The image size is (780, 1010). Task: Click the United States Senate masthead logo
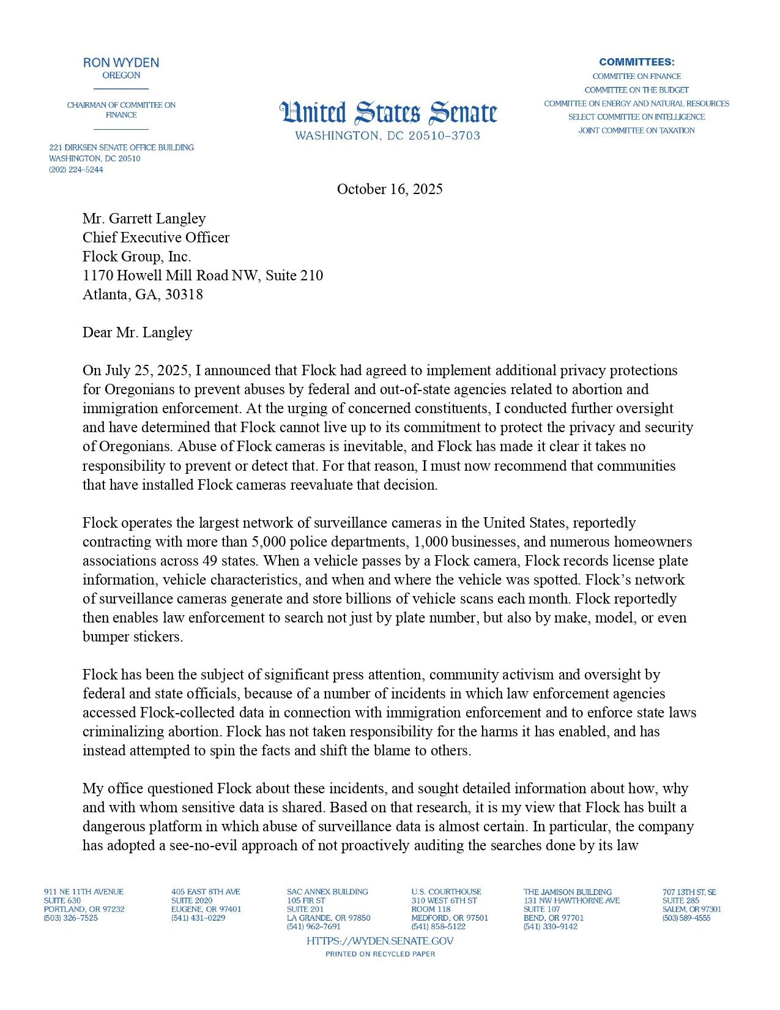(x=388, y=113)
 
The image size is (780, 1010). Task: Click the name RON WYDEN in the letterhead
(x=121, y=62)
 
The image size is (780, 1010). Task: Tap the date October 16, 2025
(x=390, y=189)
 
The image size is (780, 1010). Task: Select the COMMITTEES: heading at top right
(x=636, y=62)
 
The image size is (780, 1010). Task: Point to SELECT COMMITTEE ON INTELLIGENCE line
(x=636, y=117)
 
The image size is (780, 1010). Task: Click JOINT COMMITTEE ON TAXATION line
(x=636, y=130)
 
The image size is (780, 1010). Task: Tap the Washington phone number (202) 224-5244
(x=76, y=170)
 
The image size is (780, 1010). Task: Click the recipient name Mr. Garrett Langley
(x=144, y=219)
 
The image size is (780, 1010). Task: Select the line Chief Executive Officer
(x=156, y=238)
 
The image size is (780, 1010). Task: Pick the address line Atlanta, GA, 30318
(x=143, y=294)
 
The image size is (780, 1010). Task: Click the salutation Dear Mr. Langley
(x=138, y=332)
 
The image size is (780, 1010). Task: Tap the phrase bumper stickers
(x=133, y=637)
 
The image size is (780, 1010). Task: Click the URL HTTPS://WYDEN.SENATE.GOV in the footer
(x=380, y=941)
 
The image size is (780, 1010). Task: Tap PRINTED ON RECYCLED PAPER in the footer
(x=380, y=954)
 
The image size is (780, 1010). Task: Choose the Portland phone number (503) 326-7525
(x=70, y=918)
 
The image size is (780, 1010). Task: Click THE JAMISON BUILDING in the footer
(x=567, y=892)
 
